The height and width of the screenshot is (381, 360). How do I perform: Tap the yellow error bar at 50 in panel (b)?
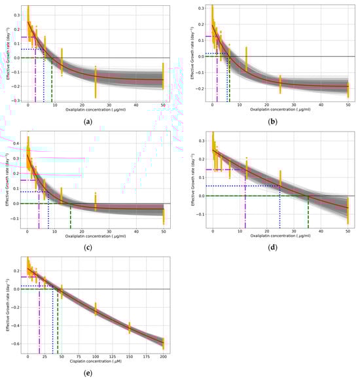pyautogui.click(x=348, y=86)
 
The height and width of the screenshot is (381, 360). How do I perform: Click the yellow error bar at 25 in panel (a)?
pyautogui.click(x=96, y=81)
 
